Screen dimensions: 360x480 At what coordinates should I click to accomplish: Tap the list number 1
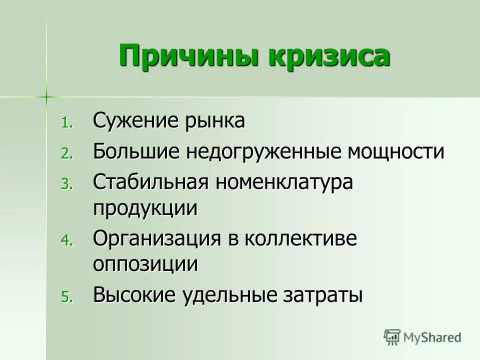66,123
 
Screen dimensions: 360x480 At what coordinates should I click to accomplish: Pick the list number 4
66,241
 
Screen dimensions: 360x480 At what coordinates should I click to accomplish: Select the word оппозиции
145,264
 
